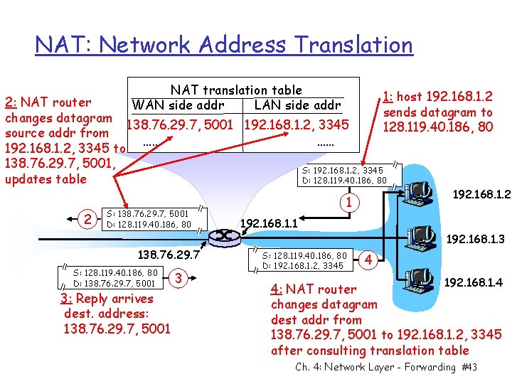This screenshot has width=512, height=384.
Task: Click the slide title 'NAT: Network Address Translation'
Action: point(224,46)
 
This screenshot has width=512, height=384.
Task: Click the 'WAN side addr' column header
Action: point(178,106)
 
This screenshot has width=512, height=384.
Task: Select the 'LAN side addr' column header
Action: point(297,106)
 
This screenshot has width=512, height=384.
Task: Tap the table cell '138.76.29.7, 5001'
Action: point(183,125)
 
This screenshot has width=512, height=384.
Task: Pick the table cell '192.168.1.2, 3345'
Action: point(297,125)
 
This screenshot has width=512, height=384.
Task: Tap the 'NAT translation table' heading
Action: point(236,90)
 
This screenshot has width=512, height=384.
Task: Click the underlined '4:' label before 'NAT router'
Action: point(279,289)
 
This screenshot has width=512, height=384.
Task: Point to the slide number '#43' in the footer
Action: point(469,367)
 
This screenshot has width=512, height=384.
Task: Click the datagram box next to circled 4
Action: point(304,260)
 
